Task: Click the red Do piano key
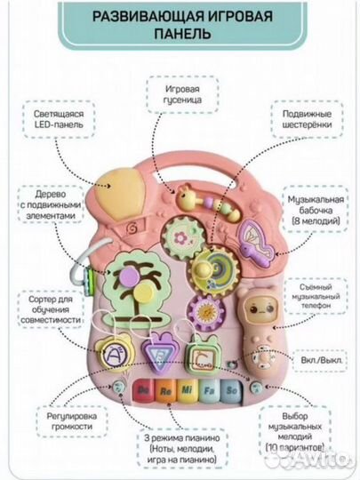[x=144, y=390]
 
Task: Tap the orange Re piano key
[x=165, y=391]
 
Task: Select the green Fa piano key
[x=209, y=391]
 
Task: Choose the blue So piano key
[x=231, y=391]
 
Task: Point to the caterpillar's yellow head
[x=185, y=198]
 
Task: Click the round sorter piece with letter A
[x=113, y=354]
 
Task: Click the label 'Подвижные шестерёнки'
[x=307, y=119]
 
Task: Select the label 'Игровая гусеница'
[x=183, y=94]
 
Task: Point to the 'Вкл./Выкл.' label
[x=321, y=360]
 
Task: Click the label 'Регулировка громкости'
[x=72, y=421]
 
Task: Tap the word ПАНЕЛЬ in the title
[x=182, y=33]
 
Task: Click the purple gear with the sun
[x=205, y=311]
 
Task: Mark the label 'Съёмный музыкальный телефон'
[x=316, y=296]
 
